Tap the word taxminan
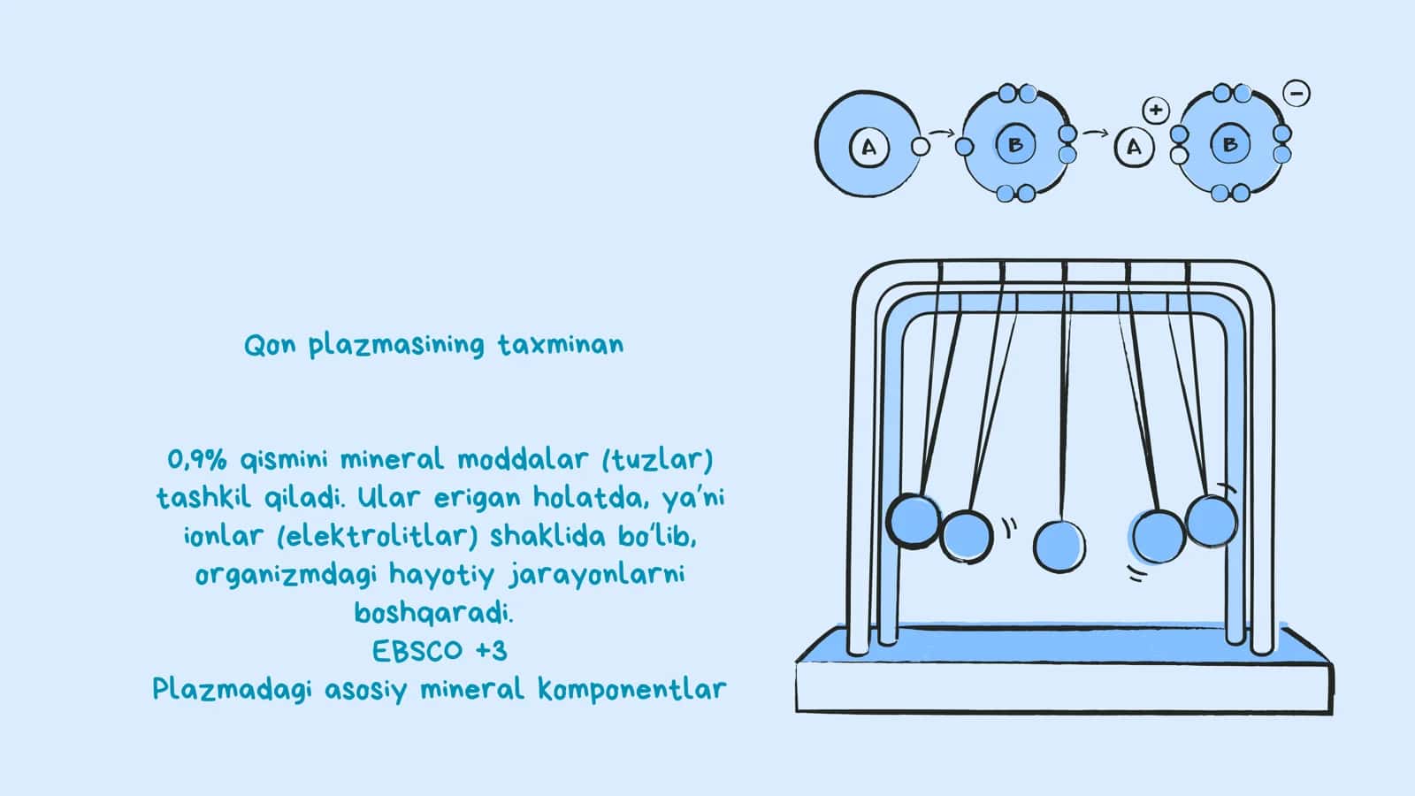561,345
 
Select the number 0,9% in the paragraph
196,460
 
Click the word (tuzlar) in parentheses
658,459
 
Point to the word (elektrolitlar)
378,536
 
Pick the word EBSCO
417,651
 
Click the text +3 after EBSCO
492,651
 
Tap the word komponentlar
631,690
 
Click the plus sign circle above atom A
1156,111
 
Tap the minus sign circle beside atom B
1296,94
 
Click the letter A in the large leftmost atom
869,147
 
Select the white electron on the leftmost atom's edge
921,147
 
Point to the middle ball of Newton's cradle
1059,547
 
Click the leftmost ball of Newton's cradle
914,521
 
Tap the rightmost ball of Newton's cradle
1212,521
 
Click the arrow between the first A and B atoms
943,133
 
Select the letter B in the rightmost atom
1230,145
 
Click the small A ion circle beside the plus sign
1134,147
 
